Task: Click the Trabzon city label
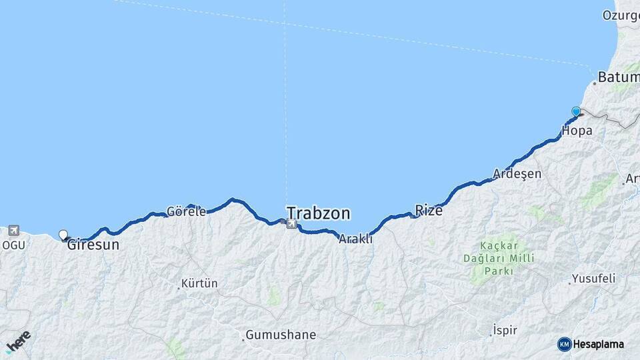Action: (318, 213)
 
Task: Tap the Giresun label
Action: (93, 245)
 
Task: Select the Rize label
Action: (429, 211)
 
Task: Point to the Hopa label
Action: (577, 131)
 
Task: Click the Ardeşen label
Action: (517, 174)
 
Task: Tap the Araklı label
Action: (356, 239)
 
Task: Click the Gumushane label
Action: (281, 335)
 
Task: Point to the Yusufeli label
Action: (595, 279)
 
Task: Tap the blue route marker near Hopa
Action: (576, 111)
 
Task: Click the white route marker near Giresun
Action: (63, 235)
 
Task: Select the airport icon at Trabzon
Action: (291, 225)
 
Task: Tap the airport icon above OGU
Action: (13, 231)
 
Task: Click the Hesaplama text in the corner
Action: (599, 344)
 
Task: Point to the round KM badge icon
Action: (564, 344)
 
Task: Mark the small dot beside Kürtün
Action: (179, 288)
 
